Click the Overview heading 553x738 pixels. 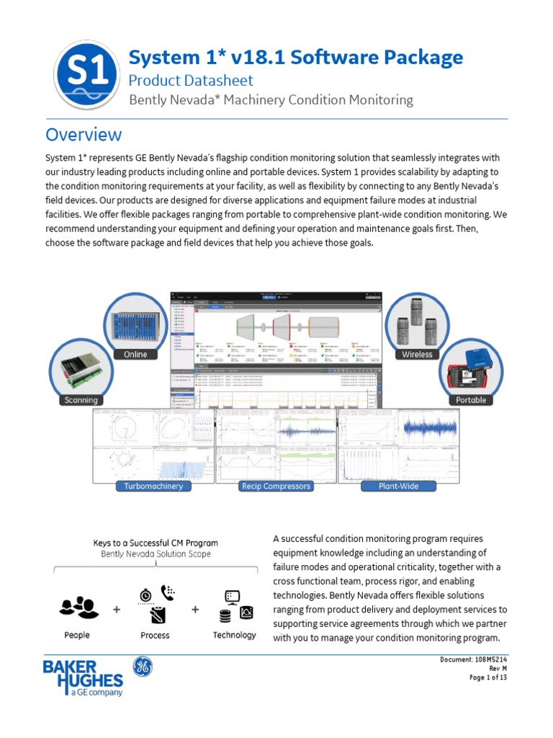(x=84, y=135)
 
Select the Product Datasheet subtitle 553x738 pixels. (x=191, y=81)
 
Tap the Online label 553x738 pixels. (x=135, y=354)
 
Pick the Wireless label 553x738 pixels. (x=417, y=354)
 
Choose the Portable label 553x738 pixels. (x=471, y=400)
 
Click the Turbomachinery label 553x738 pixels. (x=153, y=486)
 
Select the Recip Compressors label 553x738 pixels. (x=276, y=486)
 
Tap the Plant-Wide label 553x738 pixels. (x=399, y=486)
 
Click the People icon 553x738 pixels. (x=76, y=608)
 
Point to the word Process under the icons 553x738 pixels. (x=155, y=635)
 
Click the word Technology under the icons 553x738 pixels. (x=234, y=635)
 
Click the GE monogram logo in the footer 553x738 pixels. (x=141, y=667)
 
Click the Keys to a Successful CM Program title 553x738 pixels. (x=156, y=543)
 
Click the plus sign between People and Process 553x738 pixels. (x=116, y=609)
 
